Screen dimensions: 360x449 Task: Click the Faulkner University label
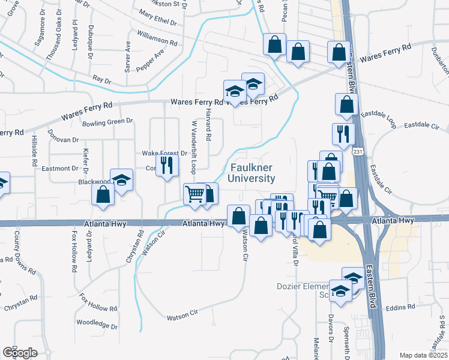(x=252, y=173)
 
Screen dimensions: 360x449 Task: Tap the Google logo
(x=19, y=353)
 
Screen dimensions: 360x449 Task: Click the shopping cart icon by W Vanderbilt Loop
(x=194, y=194)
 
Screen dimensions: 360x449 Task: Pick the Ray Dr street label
(x=103, y=80)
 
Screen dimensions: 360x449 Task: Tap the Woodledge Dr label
(x=97, y=324)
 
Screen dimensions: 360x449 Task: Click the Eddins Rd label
(x=402, y=307)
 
